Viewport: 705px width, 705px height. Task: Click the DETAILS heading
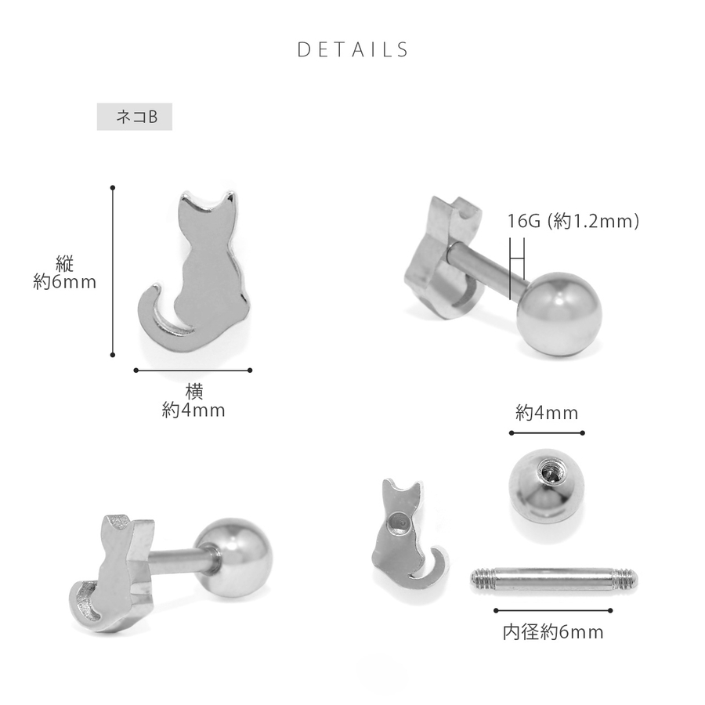352,49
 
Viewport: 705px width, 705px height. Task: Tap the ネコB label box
135,117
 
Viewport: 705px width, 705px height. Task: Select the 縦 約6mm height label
65,273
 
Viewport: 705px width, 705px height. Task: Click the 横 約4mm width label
193,401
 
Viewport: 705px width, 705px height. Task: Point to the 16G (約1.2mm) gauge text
573,221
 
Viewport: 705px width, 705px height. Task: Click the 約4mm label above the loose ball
547,413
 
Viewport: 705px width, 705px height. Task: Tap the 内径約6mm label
553,632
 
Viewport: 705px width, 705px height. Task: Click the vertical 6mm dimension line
112,271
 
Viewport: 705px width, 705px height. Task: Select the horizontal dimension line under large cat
193,371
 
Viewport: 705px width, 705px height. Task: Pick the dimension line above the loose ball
547,433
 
